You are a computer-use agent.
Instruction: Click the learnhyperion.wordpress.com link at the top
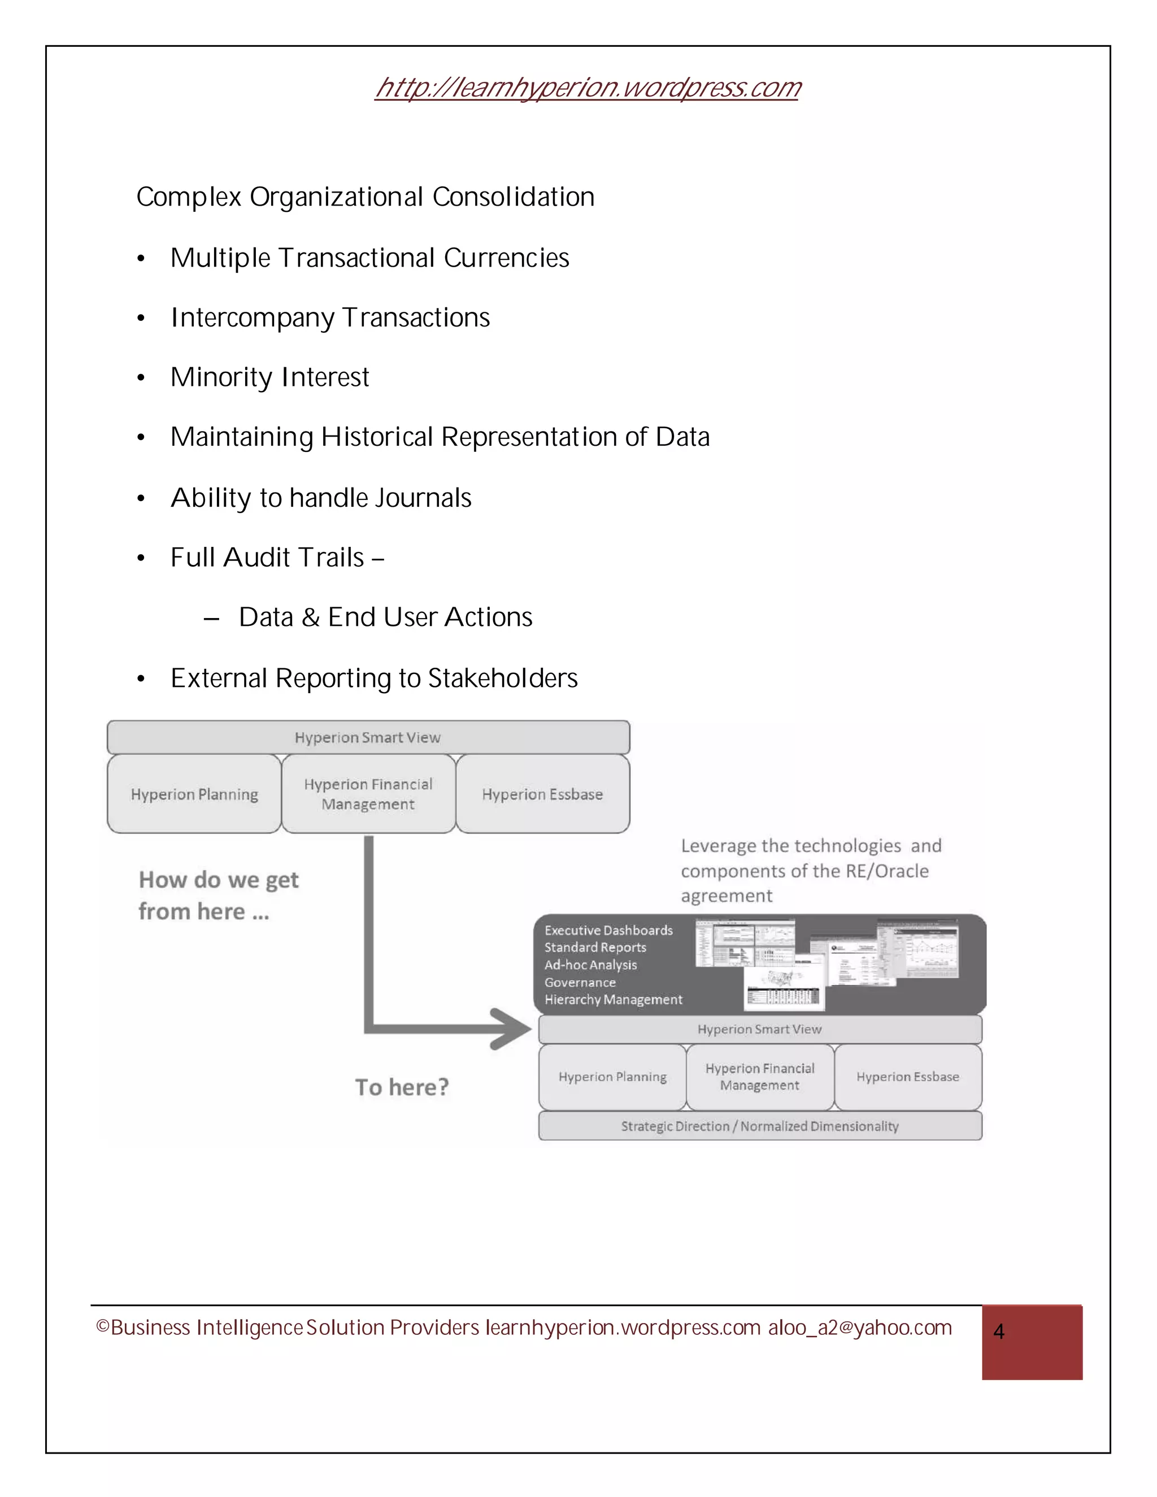(x=588, y=88)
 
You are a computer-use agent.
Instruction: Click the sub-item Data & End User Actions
(x=385, y=617)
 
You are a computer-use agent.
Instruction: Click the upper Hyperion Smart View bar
(x=368, y=738)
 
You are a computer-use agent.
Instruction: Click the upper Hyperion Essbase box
(x=542, y=794)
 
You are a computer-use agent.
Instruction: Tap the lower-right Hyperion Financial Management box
(x=759, y=1077)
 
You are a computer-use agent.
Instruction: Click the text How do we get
(x=219, y=880)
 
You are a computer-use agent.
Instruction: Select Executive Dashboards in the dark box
(x=608, y=931)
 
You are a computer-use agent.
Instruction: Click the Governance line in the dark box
(x=580, y=982)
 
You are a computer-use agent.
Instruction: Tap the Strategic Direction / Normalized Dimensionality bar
(x=759, y=1126)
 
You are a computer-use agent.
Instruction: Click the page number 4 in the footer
(x=999, y=1332)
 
